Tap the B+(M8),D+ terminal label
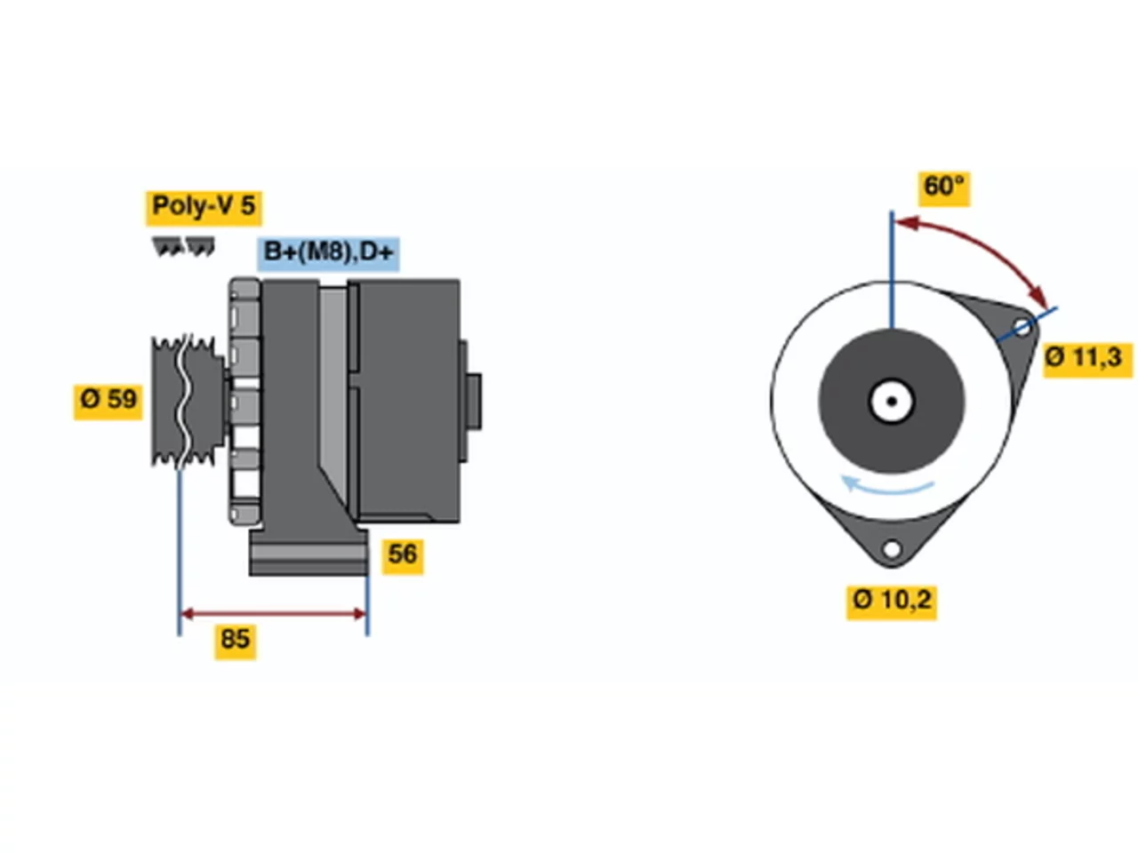click(x=328, y=254)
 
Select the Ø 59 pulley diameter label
click(x=108, y=402)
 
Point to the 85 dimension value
click(x=235, y=642)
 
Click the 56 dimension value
click(x=403, y=557)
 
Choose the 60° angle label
click(x=944, y=189)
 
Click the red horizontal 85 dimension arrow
click(x=273, y=614)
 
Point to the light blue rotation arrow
click(x=886, y=487)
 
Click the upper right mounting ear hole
click(x=1022, y=327)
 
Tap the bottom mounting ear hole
click(x=892, y=548)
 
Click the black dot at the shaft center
click(x=892, y=402)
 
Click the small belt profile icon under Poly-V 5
click(x=183, y=246)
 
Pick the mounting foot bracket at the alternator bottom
click(x=309, y=552)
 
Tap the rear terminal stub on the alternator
click(x=474, y=402)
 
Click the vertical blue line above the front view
click(x=892, y=269)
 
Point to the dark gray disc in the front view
click(x=892, y=402)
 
